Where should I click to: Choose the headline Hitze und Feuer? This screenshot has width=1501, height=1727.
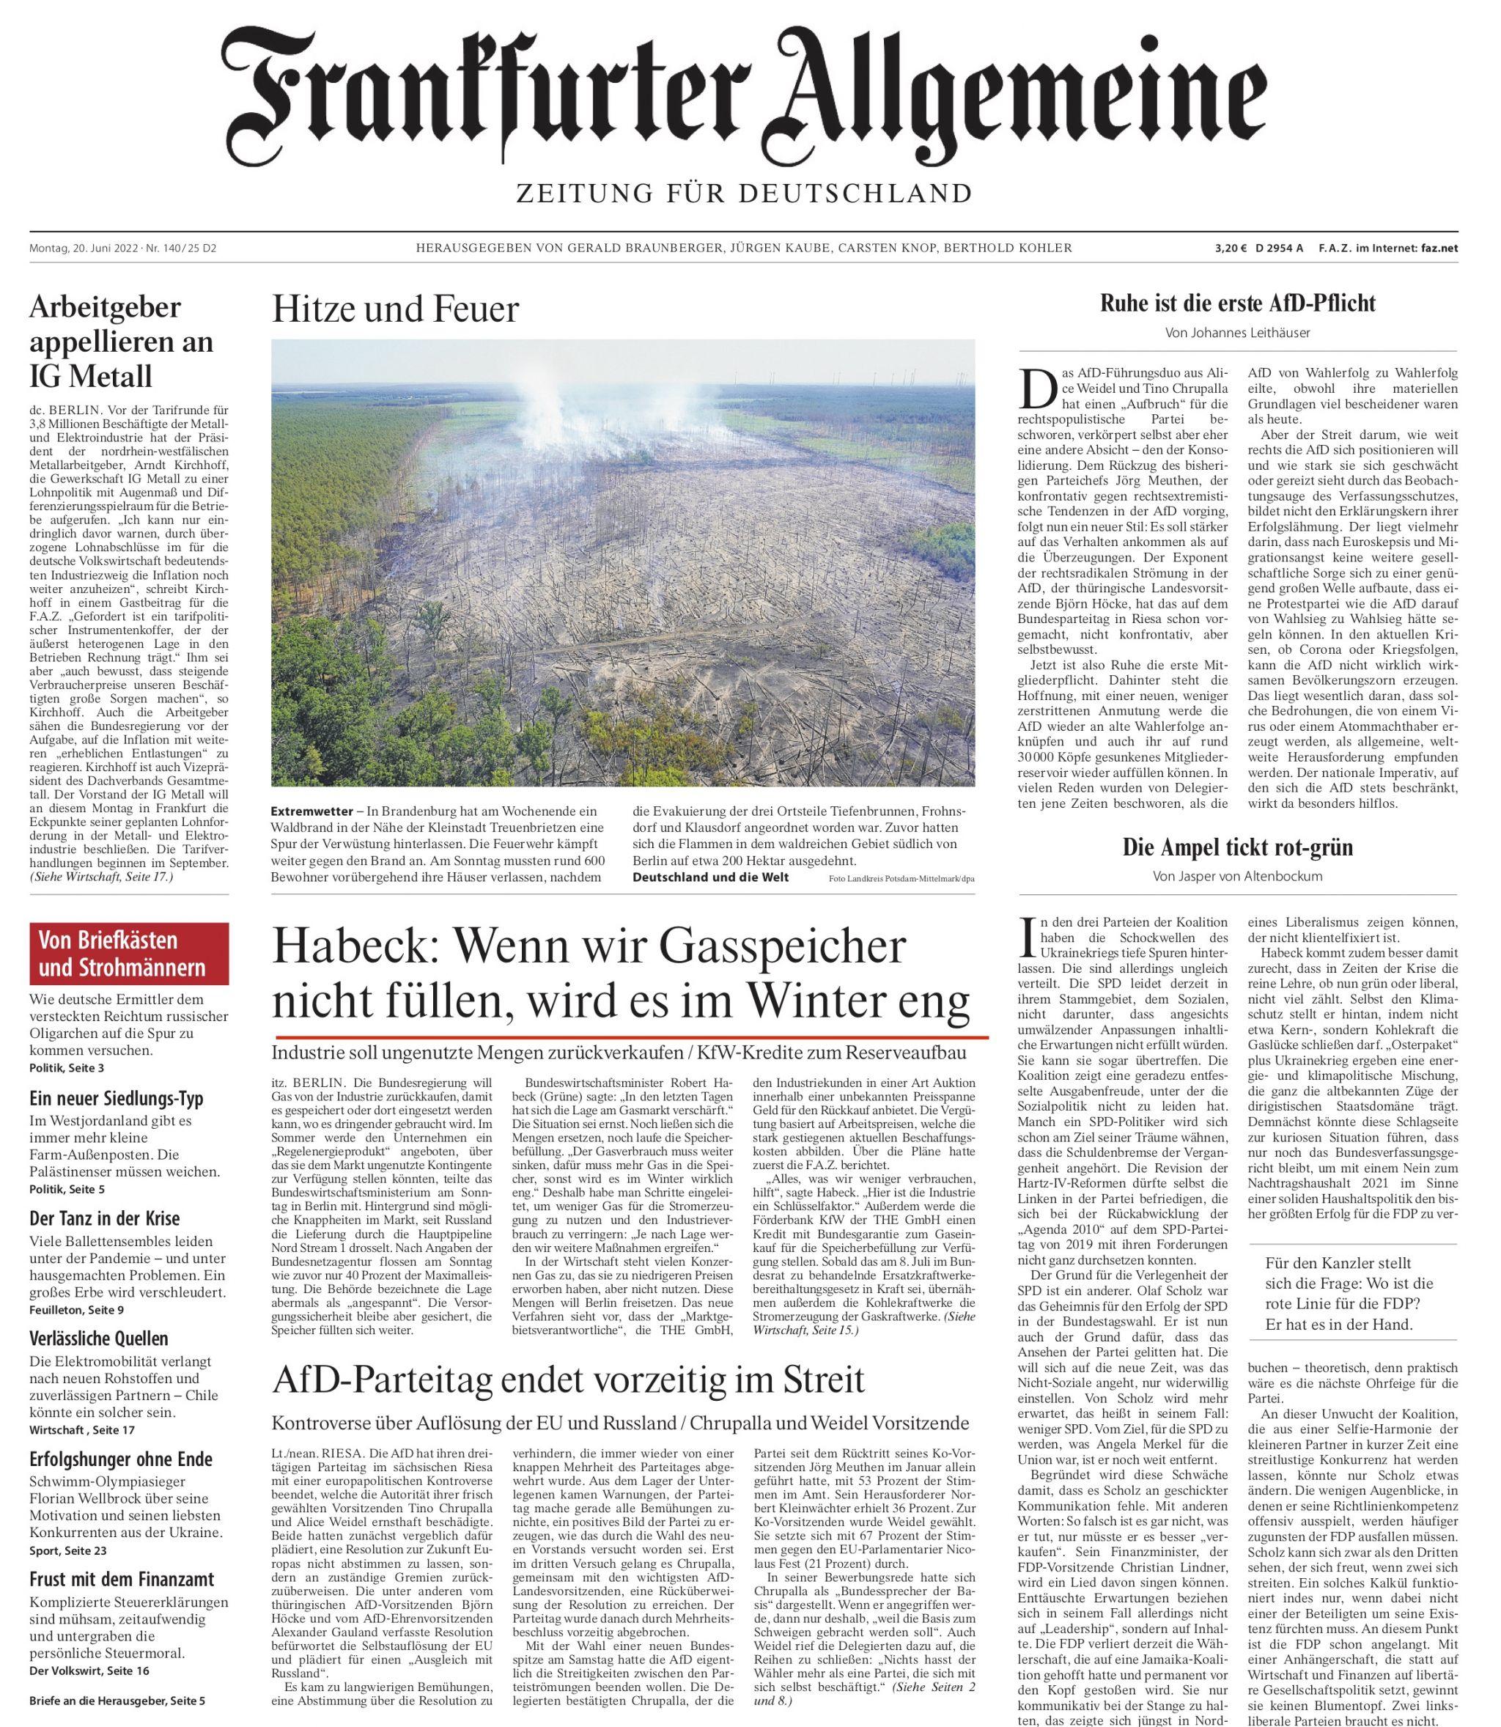[395, 310]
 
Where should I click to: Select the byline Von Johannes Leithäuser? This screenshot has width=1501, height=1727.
[1238, 333]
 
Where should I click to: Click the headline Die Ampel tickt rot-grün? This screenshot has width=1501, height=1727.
[1238, 847]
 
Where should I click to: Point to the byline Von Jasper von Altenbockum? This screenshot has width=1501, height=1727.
[1238, 876]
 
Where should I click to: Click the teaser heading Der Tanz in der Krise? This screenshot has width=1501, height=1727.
[105, 1218]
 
